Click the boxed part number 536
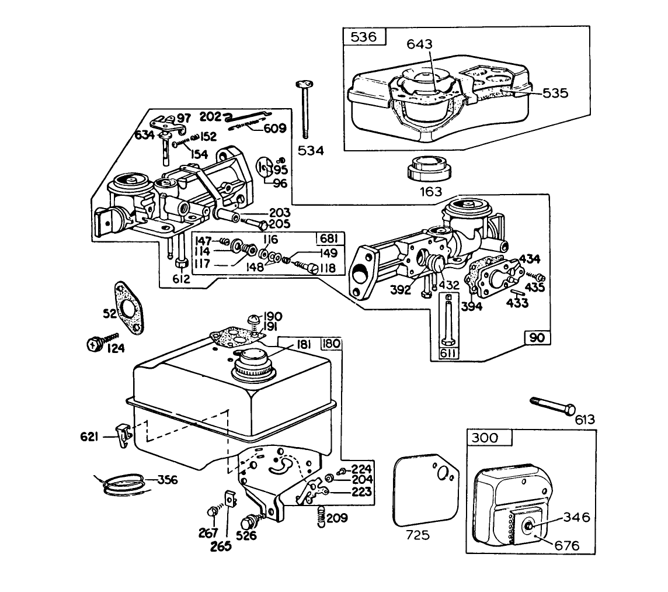[x=364, y=37]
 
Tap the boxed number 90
[x=537, y=338]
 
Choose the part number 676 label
[x=567, y=546]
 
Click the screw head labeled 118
[x=314, y=268]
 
